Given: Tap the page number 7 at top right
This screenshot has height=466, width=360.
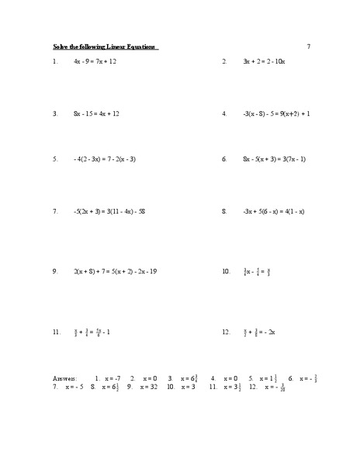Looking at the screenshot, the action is (x=308, y=46).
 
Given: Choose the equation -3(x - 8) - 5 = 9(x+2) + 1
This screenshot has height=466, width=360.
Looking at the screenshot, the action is (x=276, y=113).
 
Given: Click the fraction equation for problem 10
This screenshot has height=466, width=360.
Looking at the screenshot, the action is (x=257, y=272).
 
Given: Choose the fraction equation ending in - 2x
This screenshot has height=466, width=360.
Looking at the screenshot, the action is (x=259, y=332).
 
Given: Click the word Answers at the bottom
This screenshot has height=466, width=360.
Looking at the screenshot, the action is (x=64, y=378).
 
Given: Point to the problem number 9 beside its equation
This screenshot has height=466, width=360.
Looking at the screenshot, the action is (x=55, y=272).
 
